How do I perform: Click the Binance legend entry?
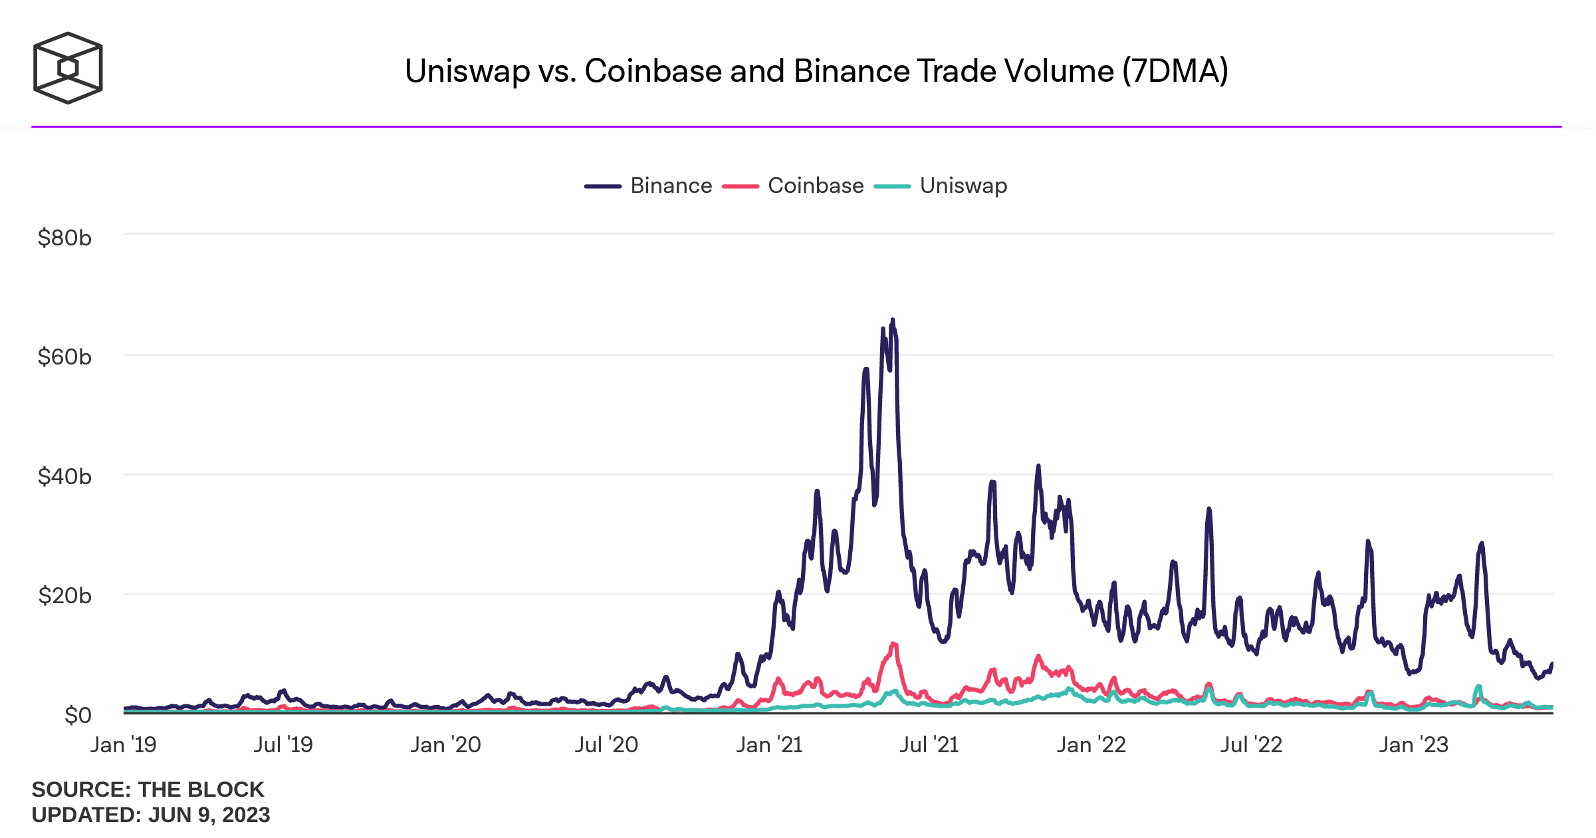pos(670,186)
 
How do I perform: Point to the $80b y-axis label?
pos(64,237)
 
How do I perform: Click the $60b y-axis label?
pos(64,357)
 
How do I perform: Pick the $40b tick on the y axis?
pos(64,476)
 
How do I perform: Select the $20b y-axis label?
pos(64,595)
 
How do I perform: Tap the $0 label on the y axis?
pos(78,715)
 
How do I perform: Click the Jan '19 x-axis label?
pos(124,745)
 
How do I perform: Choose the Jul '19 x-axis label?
pos(283,745)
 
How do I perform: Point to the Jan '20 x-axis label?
pos(445,745)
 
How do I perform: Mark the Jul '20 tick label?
pos(606,745)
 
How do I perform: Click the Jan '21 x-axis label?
pos(769,745)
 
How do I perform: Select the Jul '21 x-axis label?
pos(929,745)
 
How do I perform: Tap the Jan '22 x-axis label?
pos(1091,745)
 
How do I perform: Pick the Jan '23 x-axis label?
pos(1413,745)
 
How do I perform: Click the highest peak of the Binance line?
pos(893,321)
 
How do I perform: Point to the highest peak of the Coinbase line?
pos(893,643)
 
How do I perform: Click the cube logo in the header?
pos(68,68)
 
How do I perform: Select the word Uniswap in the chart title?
pos(467,71)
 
